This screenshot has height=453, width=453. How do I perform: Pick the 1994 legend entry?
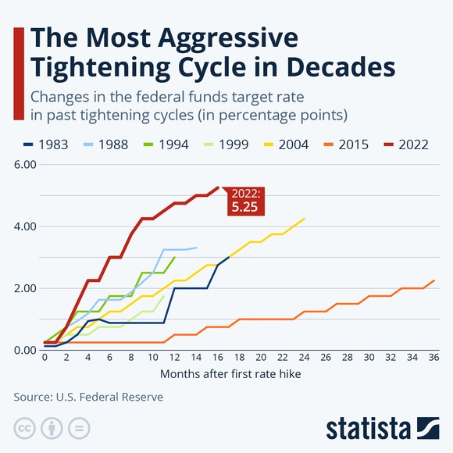(x=159, y=144)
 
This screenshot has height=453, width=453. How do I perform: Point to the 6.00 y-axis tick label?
(x=25, y=165)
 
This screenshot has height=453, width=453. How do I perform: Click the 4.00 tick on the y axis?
(x=25, y=226)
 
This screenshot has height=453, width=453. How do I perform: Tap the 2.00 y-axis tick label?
(x=25, y=288)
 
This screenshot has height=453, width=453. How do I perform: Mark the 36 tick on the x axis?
(x=433, y=358)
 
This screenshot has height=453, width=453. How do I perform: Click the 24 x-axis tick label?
(x=304, y=358)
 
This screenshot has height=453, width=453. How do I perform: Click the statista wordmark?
(x=368, y=428)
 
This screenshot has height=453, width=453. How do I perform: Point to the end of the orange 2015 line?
(x=433, y=280)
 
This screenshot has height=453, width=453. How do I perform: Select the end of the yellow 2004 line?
(x=304, y=219)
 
